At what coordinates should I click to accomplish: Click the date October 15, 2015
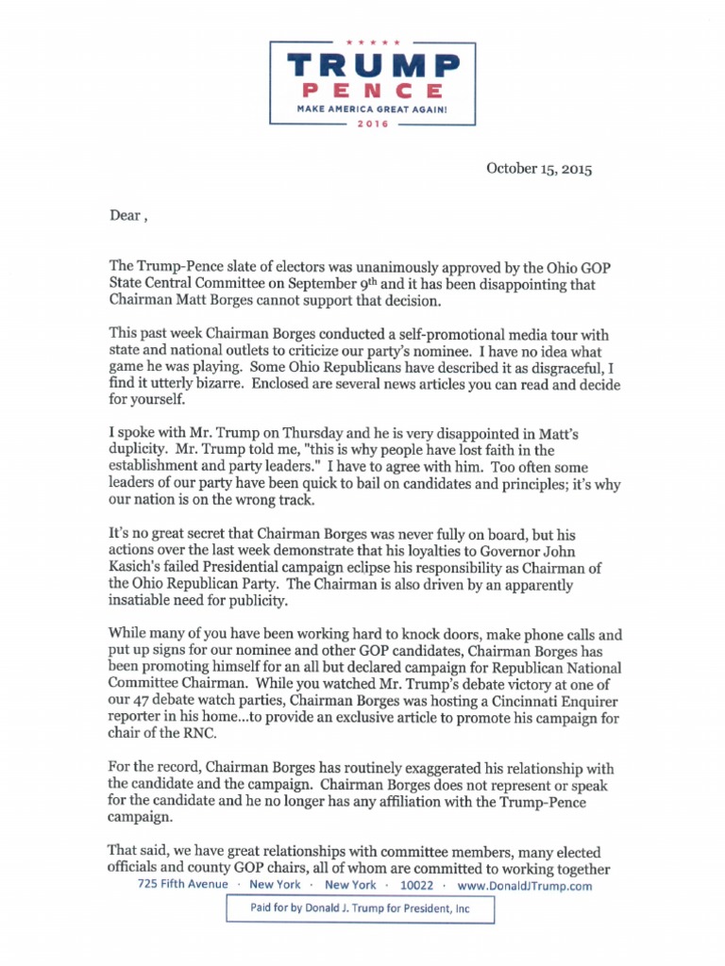point(539,169)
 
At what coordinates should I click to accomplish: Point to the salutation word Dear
point(125,215)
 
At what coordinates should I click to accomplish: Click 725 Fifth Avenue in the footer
point(182,885)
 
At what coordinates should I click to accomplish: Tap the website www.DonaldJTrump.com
point(524,886)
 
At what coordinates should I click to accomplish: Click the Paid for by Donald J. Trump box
point(359,908)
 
